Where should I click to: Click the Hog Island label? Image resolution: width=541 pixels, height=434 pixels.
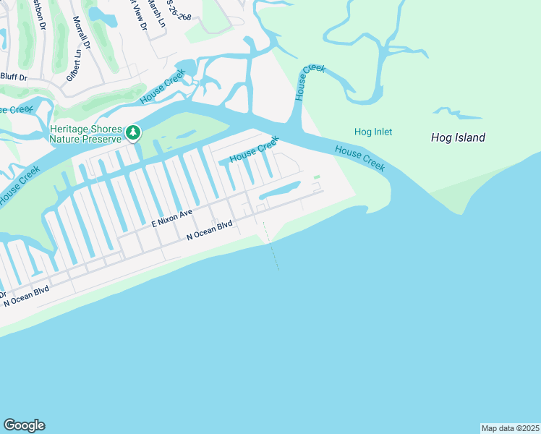coord(458,137)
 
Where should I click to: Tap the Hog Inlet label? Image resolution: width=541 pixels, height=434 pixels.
coord(373,132)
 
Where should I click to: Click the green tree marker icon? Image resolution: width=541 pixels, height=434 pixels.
coord(132,132)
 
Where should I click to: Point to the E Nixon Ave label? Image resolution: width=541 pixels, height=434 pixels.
coord(171,220)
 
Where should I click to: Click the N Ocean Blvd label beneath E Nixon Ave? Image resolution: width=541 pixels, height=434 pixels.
coord(209,230)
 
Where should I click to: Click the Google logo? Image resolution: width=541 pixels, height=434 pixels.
coord(24,425)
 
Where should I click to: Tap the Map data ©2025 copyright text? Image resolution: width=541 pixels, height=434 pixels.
coord(509,428)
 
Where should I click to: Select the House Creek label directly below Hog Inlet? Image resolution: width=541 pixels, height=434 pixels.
coord(359,158)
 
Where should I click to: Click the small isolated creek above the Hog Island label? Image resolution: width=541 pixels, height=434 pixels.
coord(458,114)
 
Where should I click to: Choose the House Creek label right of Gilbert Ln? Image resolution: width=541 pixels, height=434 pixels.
coord(163,87)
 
